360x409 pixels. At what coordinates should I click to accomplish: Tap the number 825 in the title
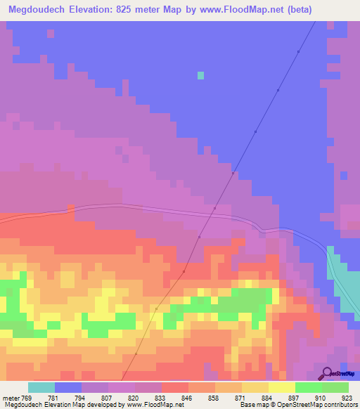[134, 10]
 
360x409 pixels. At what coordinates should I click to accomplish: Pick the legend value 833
[160, 398]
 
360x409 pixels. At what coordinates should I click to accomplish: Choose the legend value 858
[214, 398]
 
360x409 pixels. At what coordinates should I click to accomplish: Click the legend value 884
[268, 398]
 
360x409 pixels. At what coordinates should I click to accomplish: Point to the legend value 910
[321, 398]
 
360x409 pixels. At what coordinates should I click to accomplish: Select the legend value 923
[347, 398]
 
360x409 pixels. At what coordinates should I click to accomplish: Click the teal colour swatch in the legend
[41, 387]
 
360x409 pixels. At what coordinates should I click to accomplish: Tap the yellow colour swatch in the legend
[282, 387]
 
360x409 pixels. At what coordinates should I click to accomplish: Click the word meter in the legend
[10, 398]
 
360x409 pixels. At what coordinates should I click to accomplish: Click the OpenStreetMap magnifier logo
[326, 374]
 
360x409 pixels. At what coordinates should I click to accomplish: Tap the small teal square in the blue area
[201, 75]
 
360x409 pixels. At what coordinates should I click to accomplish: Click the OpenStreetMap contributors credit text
[316, 405]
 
